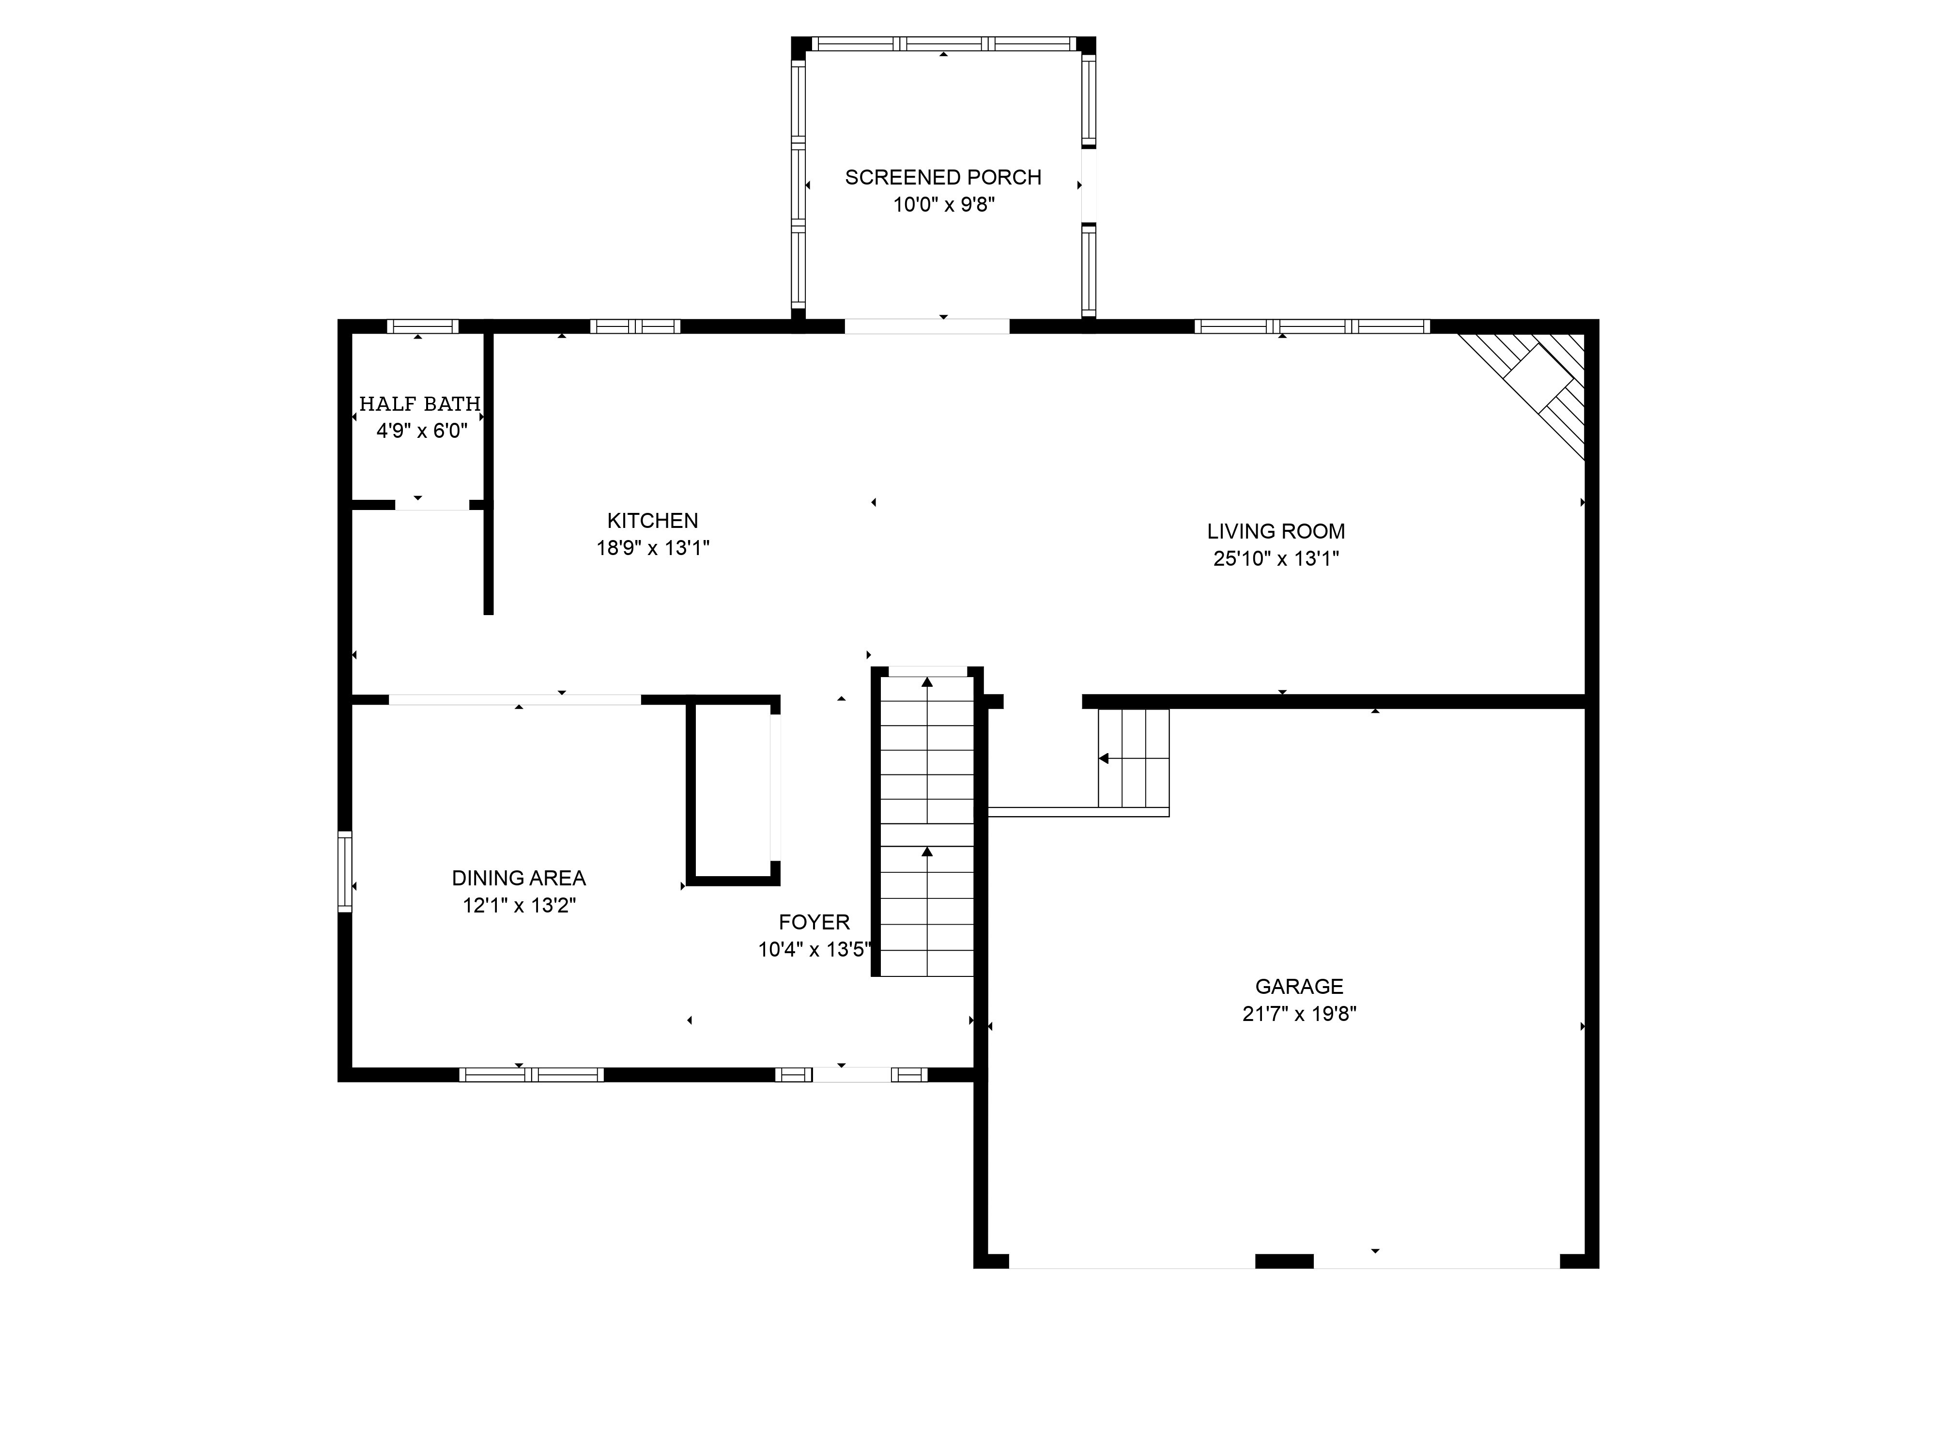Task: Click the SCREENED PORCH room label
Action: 943,177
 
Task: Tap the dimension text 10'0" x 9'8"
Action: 944,205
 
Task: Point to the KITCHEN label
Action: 652,520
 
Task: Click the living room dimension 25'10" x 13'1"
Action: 1276,559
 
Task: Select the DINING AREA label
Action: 519,878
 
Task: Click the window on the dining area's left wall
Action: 345,871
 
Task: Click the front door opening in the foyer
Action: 851,1075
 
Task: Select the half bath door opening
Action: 432,505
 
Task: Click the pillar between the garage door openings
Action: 1284,1261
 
